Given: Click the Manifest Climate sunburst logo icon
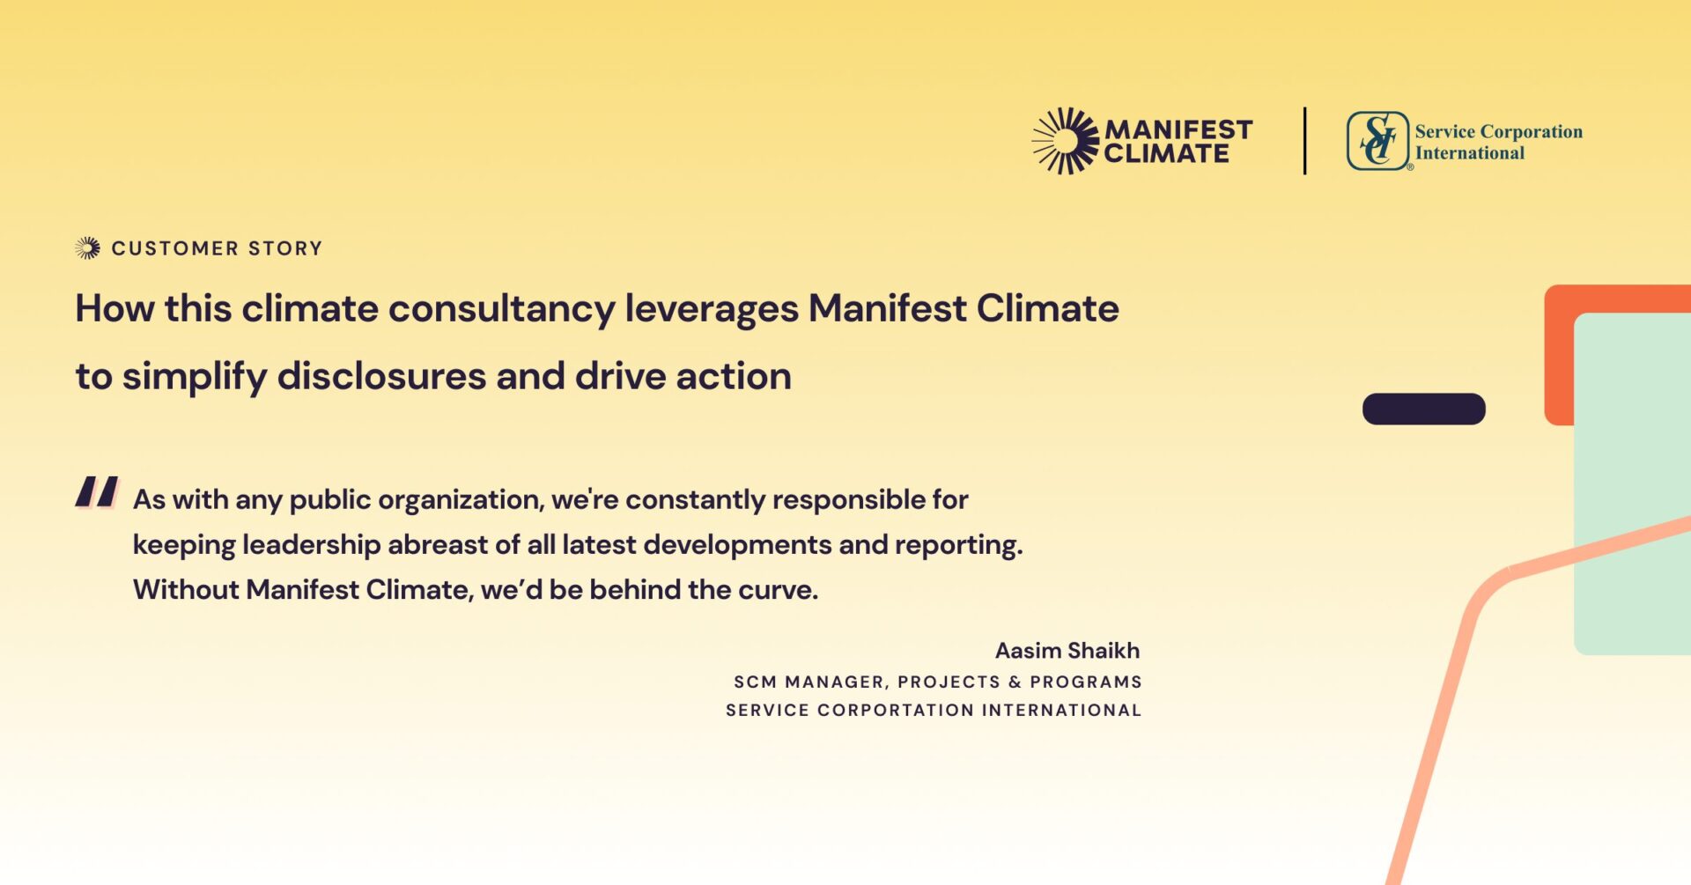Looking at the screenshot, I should tap(1065, 141).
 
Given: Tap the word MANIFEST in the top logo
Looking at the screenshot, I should tap(1178, 129).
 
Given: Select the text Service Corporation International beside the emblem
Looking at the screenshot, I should tap(1497, 142).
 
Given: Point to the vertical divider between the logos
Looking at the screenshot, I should tap(1304, 141).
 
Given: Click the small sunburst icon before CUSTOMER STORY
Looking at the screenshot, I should tap(87, 248).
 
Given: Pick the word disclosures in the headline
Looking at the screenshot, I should tap(381, 377).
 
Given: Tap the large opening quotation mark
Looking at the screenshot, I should tap(96, 492).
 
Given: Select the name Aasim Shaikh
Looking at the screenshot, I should tap(1067, 651).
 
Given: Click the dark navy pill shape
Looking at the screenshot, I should tap(1423, 409).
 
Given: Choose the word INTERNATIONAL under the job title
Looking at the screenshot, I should tap(1061, 711).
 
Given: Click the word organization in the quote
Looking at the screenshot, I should tap(459, 500).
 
